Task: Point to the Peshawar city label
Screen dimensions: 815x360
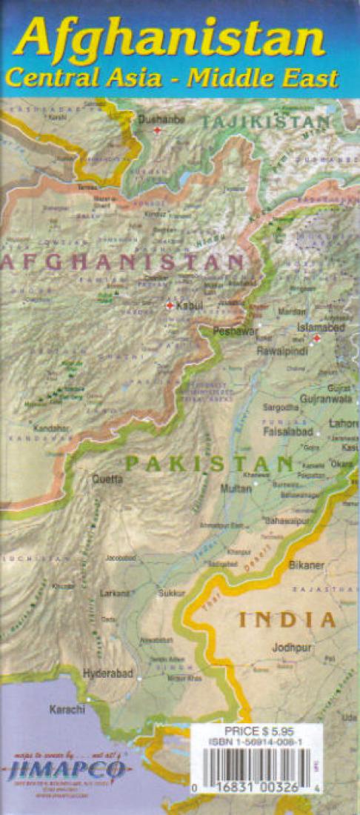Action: click(x=236, y=331)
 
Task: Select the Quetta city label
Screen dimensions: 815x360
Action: click(x=107, y=479)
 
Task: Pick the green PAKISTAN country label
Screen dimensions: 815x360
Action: click(x=209, y=465)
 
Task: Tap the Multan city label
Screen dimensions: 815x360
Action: click(x=236, y=489)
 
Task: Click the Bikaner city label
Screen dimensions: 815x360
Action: click(x=307, y=565)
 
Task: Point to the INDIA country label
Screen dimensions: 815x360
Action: click(x=287, y=619)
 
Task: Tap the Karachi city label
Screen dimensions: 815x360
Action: click(x=67, y=709)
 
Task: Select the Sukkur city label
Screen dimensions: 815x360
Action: click(x=171, y=593)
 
